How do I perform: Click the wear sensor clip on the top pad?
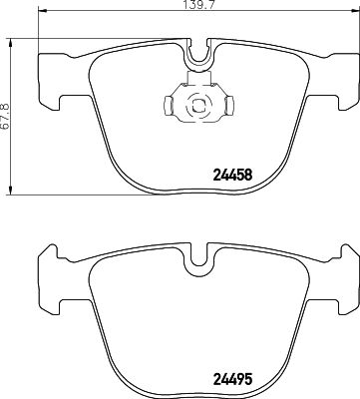pos(196,101)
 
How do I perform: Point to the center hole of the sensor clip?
pos(196,102)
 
